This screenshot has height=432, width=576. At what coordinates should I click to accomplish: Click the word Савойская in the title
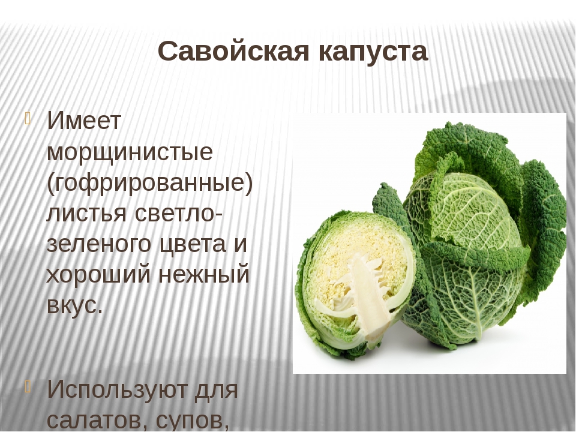coord(233,52)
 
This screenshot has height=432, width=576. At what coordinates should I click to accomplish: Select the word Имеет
coord(84,121)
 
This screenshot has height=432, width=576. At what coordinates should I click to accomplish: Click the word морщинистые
coord(130,151)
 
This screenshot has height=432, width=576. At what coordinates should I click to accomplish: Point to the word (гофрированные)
coord(150,182)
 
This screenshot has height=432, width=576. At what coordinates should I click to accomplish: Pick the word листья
coord(86,213)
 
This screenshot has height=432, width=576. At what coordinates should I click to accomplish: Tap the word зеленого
coord(99,244)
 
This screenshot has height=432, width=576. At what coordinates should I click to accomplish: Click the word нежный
coord(204,274)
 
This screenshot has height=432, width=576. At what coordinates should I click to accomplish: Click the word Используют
coord(117,389)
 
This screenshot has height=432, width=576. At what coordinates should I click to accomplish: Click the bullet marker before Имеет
coord(29,119)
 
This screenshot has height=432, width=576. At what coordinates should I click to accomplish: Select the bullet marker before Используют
coord(29,387)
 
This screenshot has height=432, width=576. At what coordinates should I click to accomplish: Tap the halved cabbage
coord(355,283)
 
